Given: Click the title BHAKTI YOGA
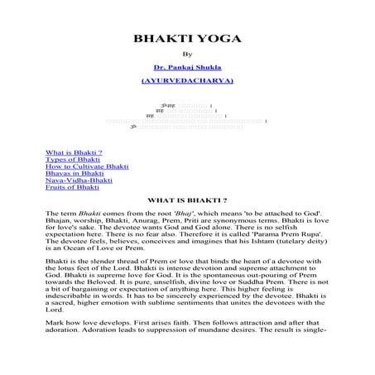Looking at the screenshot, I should [187, 40].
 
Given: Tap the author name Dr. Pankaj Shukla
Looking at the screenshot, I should [187, 70].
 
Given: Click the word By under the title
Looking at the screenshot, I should [187, 55].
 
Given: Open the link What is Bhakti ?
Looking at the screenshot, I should [74, 153].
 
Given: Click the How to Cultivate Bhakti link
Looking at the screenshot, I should [87, 167].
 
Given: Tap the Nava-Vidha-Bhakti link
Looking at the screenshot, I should [79, 180].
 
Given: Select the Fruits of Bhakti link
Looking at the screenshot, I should [72, 188].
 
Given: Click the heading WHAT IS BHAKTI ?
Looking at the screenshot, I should [187, 200].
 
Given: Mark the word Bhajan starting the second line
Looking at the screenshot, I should [58, 220].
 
